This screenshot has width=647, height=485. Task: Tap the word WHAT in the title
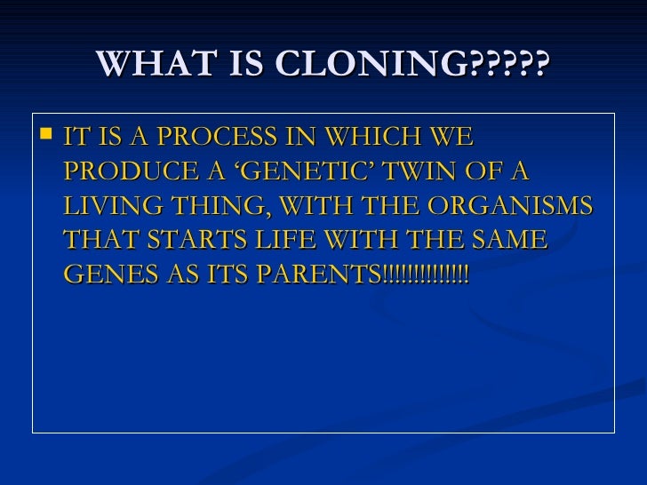click(139, 64)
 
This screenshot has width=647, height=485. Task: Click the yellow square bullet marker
click(47, 136)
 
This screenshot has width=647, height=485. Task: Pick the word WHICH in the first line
click(378, 139)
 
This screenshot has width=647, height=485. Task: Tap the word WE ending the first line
click(453, 139)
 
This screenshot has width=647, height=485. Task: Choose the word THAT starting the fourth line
click(97, 241)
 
